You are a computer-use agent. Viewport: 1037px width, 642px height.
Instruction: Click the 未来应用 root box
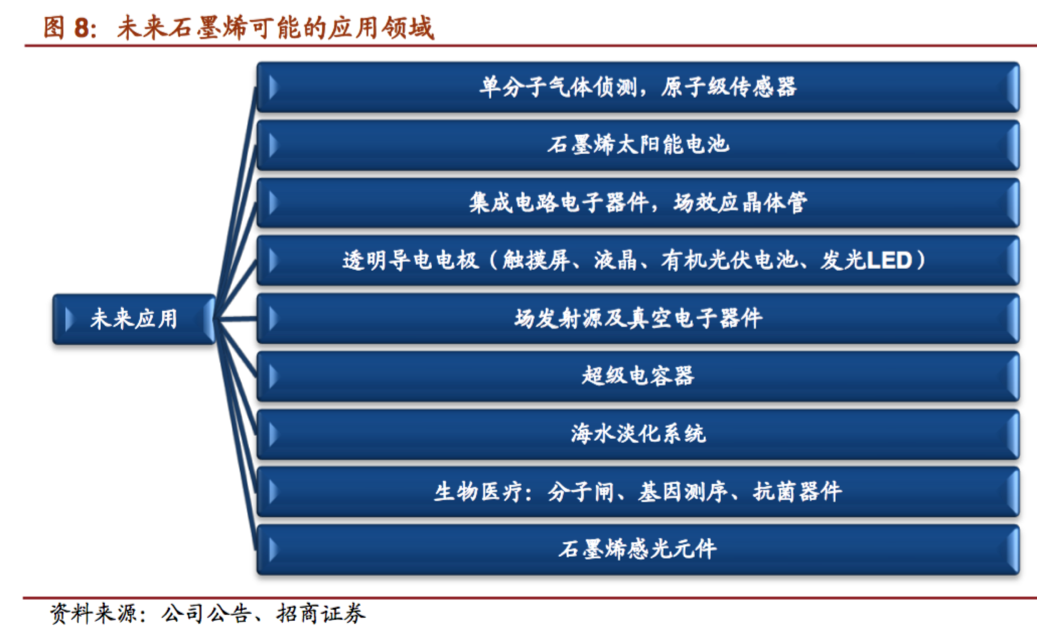click(x=134, y=319)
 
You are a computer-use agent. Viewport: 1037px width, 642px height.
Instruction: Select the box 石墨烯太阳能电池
click(x=638, y=145)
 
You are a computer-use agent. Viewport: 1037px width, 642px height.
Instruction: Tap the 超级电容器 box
click(x=638, y=376)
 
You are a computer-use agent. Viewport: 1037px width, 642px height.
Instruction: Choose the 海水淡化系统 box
click(x=638, y=434)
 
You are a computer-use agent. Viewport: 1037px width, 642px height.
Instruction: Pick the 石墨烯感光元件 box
click(x=638, y=549)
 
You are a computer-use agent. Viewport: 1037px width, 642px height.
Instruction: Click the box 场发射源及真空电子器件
click(x=638, y=318)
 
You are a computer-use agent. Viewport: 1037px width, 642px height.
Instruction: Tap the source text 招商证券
click(x=321, y=614)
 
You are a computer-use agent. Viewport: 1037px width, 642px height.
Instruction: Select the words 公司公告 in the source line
click(x=206, y=614)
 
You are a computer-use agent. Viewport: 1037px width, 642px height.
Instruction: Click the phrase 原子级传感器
click(x=729, y=87)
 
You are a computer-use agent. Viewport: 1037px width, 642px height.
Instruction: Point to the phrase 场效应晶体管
click(x=740, y=202)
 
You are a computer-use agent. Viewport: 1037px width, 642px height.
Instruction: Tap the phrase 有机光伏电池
click(x=729, y=260)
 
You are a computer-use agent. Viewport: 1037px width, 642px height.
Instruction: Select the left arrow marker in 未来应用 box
click(x=70, y=319)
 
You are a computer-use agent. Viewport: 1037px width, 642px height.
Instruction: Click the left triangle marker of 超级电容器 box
click(x=274, y=377)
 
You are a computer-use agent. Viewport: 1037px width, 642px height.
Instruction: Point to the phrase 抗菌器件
click(x=797, y=492)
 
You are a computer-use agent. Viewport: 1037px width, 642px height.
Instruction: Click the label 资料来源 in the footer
click(x=95, y=614)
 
